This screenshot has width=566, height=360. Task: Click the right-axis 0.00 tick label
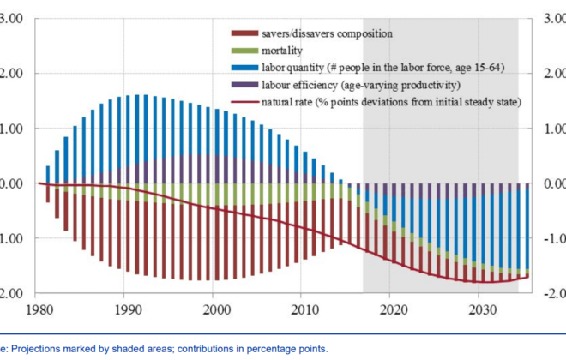(x=554, y=183)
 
